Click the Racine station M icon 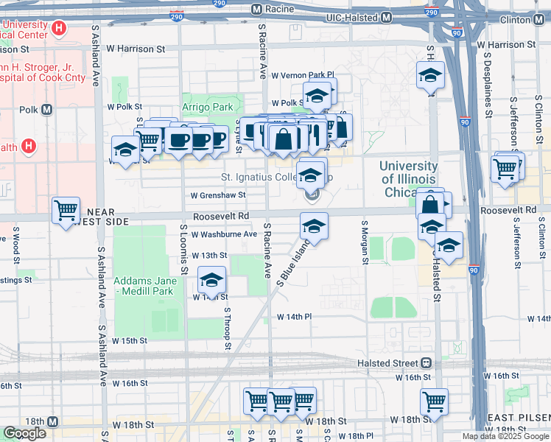point(257,10)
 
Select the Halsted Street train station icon point(426,363)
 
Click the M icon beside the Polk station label point(47,110)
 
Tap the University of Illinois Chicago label point(407,179)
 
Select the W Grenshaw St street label point(217,196)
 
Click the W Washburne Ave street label point(223,234)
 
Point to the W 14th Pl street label point(295,317)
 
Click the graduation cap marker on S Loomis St point(211,280)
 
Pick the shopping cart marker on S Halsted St point(434,401)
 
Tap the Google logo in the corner point(24,433)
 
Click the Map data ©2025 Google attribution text point(505,436)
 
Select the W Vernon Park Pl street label point(303,75)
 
